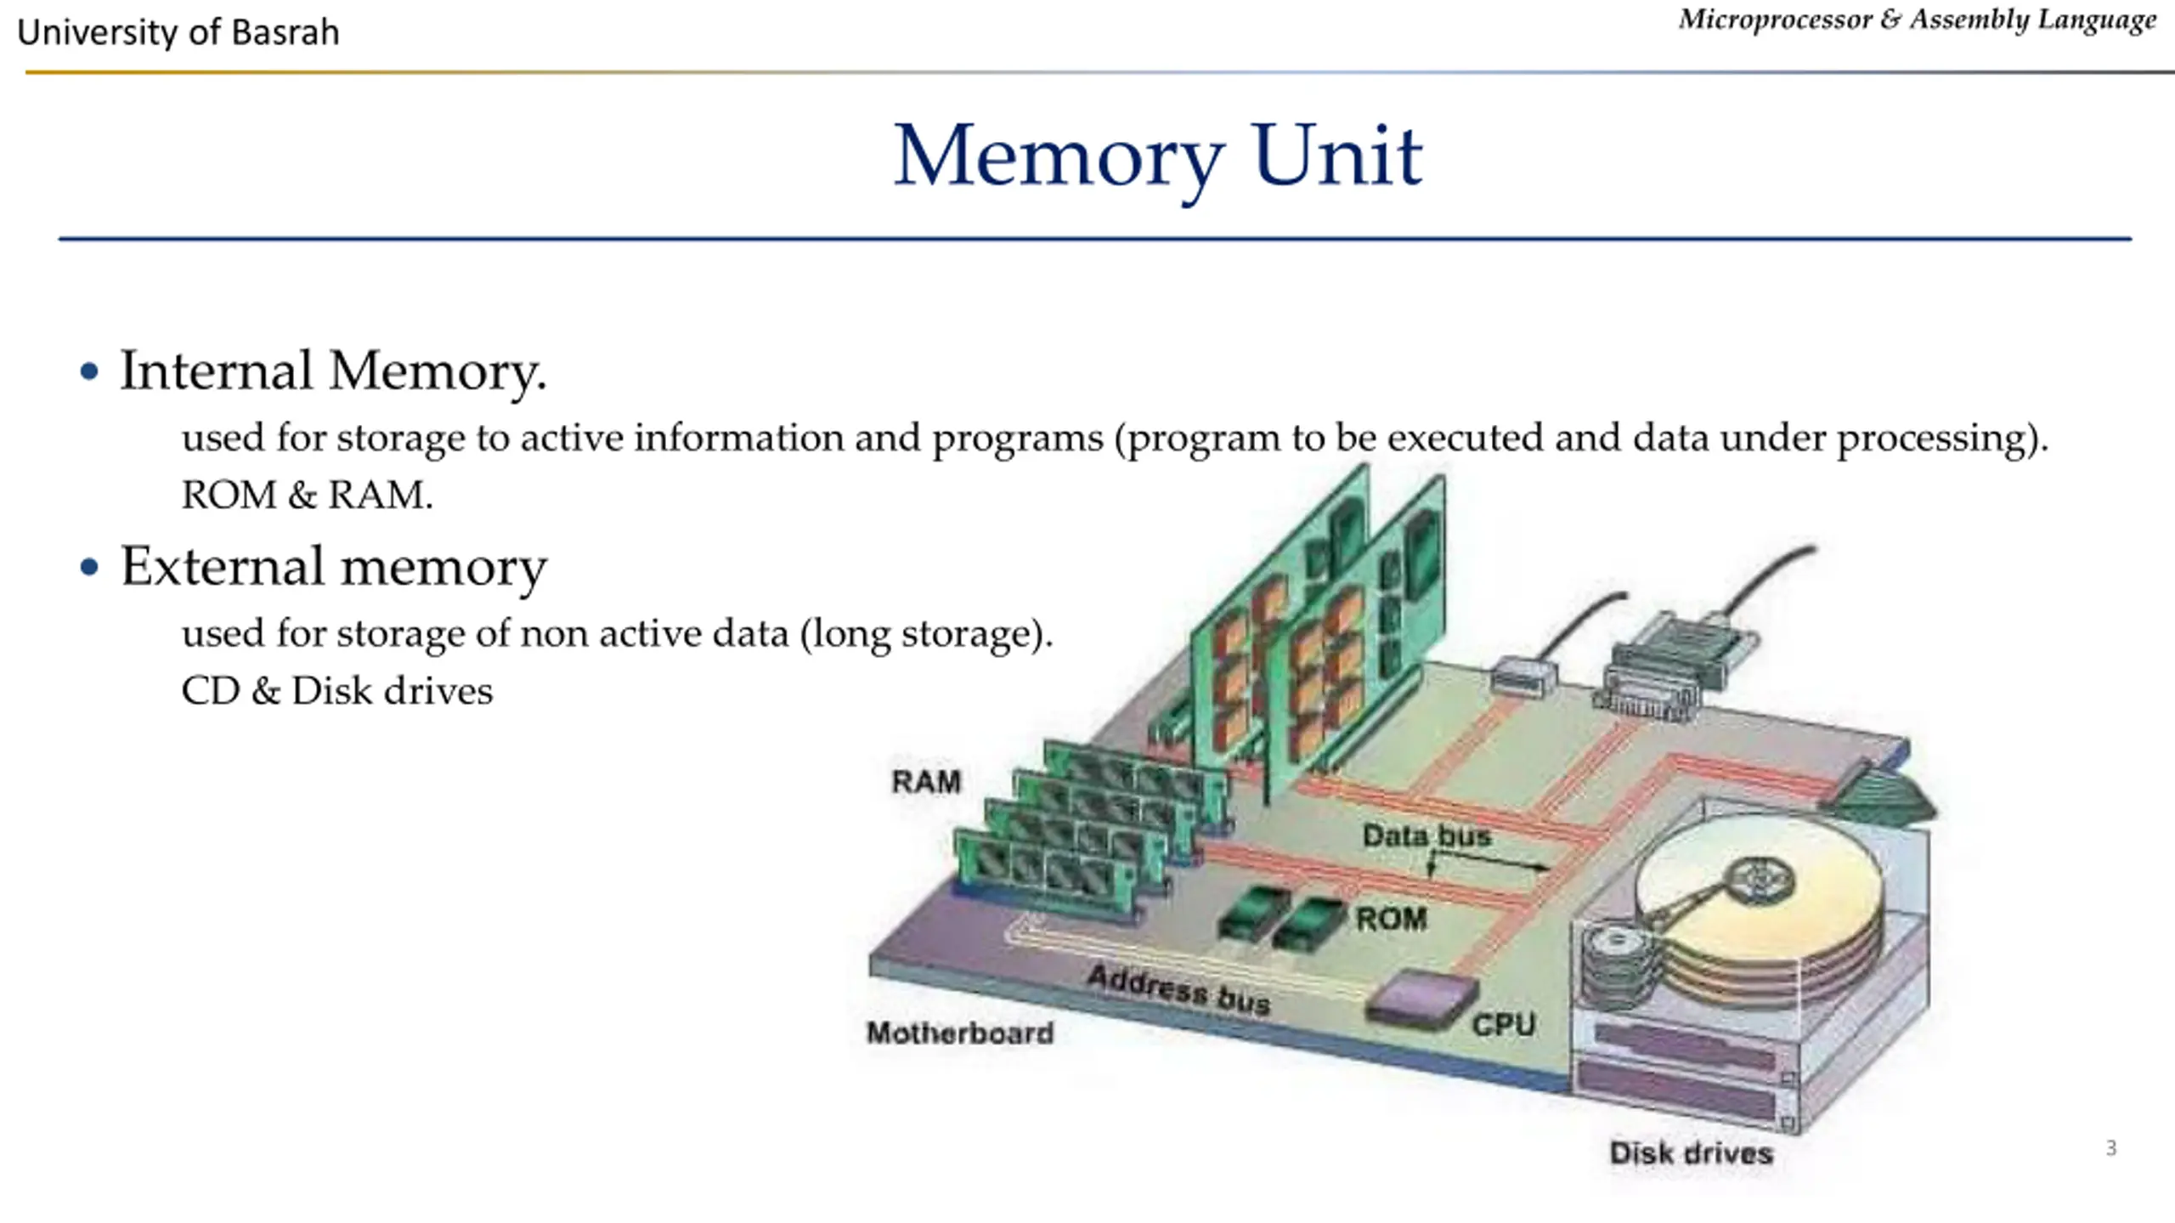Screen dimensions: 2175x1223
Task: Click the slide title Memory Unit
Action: coord(1158,157)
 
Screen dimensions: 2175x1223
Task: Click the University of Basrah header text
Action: coord(178,32)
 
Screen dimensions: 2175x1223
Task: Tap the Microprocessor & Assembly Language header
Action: coord(1918,20)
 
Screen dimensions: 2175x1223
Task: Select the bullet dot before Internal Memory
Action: coord(89,371)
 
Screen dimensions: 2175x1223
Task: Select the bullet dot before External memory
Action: coord(89,567)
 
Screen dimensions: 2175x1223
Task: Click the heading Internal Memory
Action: coord(333,371)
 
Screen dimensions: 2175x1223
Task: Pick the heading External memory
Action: coord(334,567)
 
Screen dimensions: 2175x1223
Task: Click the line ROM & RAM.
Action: coord(307,495)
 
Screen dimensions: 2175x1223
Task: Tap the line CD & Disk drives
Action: coord(336,690)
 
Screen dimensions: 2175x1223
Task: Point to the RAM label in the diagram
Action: coord(926,781)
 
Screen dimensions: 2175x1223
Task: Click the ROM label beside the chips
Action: coord(1392,918)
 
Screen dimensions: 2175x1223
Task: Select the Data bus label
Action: coord(1426,835)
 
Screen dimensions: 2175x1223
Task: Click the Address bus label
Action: coord(1179,990)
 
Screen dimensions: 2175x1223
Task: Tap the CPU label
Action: coord(1504,1024)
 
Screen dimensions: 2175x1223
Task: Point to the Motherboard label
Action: coord(960,1033)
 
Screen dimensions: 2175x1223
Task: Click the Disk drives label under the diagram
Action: coord(1692,1152)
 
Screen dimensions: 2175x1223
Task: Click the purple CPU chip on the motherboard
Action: coord(1422,999)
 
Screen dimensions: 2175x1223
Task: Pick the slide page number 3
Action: coord(2111,1148)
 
